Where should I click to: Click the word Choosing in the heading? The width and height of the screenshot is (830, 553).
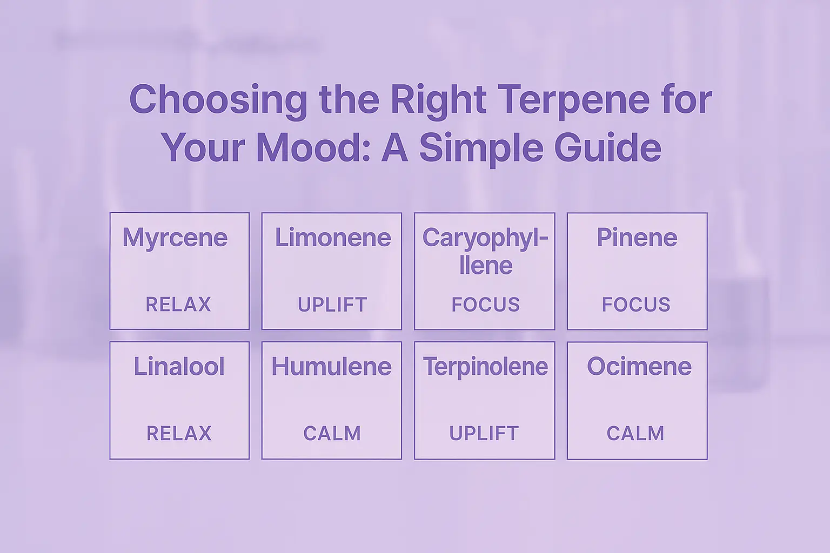click(x=218, y=100)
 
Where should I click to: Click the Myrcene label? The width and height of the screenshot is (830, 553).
click(x=175, y=238)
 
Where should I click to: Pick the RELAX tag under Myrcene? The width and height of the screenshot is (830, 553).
click(x=178, y=305)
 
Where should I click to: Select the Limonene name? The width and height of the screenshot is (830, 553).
click(x=333, y=238)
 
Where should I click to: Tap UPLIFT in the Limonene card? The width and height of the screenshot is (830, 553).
click(x=332, y=305)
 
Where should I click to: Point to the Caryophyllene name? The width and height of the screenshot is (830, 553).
click(x=485, y=251)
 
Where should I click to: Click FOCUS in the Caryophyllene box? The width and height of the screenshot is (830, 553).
click(x=485, y=305)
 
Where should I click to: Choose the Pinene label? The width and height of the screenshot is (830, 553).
click(x=637, y=238)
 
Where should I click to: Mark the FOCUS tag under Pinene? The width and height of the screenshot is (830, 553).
click(x=636, y=305)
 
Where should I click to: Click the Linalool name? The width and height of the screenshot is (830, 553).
click(x=179, y=367)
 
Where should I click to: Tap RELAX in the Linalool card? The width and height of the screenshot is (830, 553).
click(x=179, y=433)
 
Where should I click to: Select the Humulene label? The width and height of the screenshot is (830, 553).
click(x=331, y=367)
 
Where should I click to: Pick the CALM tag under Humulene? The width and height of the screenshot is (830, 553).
click(x=332, y=433)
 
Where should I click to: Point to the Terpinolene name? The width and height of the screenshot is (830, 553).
click(x=485, y=367)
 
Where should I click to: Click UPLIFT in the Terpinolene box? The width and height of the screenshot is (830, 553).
click(x=484, y=433)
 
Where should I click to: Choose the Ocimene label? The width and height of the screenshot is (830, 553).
click(x=639, y=367)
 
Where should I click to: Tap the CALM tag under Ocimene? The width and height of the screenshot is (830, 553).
click(x=635, y=433)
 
